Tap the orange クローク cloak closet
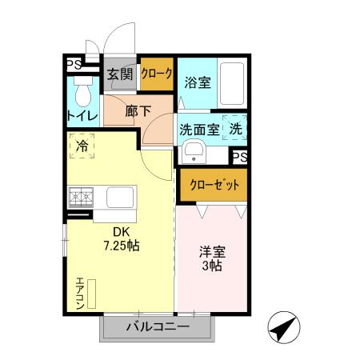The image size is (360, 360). point(156,74)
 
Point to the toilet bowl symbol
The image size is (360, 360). point(82,94)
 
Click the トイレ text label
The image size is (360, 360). point(82,117)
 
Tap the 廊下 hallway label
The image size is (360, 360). point(138,112)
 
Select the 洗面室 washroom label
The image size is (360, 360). point(198,127)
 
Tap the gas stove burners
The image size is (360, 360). point(82,196)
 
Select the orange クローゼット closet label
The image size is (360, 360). point(213,184)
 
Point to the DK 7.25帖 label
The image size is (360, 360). point(120,239)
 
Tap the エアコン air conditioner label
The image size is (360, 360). point(81,294)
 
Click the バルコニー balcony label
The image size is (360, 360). point(158,328)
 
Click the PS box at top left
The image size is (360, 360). point(74,64)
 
